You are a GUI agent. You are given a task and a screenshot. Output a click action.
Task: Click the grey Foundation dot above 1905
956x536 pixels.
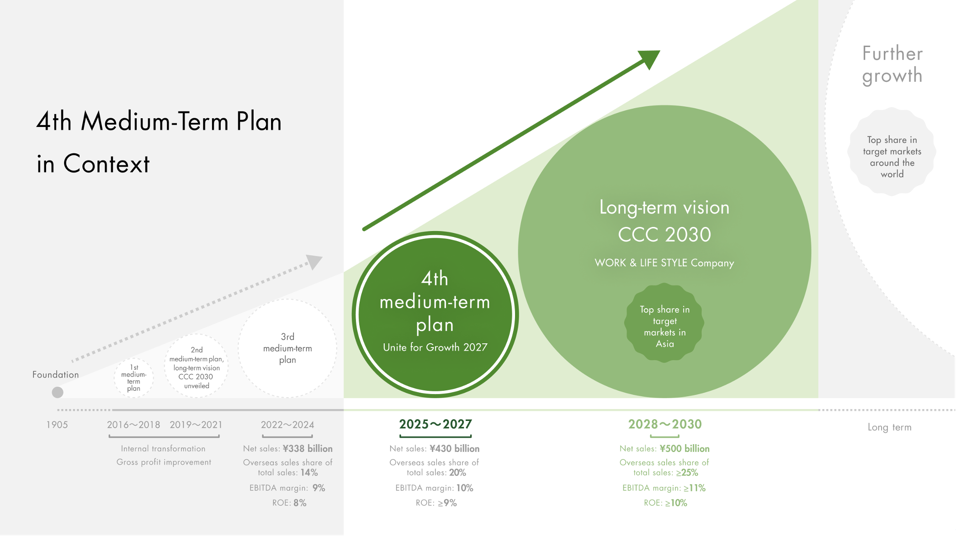click(x=58, y=392)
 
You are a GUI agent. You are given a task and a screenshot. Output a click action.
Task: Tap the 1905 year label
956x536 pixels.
click(x=57, y=425)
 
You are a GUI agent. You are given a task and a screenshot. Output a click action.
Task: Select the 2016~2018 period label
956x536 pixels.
click(x=133, y=425)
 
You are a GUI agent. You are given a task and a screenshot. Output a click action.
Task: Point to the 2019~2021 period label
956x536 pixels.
click(x=196, y=425)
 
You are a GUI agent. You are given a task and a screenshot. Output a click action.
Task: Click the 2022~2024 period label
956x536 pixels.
click(x=287, y=425)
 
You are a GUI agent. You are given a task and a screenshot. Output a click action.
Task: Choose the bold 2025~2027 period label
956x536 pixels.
click(x=436, y=424)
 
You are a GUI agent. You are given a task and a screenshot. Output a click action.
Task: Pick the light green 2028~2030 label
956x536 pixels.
click(x=665, y=424)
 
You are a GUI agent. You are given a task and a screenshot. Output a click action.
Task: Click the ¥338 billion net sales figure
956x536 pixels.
click(x=308, y=449)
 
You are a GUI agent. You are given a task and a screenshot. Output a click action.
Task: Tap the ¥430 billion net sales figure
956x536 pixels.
click(x=454, y=449)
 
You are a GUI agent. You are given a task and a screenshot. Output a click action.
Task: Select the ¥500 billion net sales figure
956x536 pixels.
click(x=685, y=449)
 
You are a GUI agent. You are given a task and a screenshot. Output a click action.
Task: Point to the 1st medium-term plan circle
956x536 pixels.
click(x=133, y=378)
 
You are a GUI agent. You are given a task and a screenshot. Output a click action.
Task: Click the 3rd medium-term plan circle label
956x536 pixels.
click(x=287, y=348)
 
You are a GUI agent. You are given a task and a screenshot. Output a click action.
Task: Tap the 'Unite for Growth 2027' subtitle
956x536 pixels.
click(x=435, y=347)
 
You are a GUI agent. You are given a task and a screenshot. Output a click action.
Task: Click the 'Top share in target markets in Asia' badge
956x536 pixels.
click(x=664, y=323)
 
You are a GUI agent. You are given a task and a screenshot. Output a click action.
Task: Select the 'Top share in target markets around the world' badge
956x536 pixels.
click(x=892, y=152)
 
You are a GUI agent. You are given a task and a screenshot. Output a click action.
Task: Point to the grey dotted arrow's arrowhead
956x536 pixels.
click(x=314, y=262)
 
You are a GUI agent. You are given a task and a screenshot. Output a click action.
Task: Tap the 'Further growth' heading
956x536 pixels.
click(x=892, y=64)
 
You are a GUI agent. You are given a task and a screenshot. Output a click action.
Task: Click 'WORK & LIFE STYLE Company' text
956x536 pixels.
click(x=664, y=263)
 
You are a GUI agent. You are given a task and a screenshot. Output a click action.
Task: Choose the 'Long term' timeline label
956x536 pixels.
click(x=889, y=427)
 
